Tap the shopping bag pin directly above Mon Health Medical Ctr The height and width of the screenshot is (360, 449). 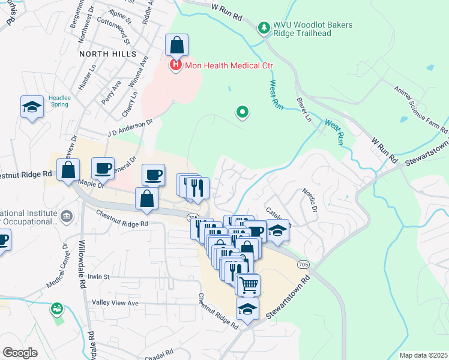click(176, 45)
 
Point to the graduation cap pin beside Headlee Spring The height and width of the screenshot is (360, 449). click(32, 107)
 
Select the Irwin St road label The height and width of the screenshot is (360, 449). click(99, 277)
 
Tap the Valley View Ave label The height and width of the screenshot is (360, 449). click(115, 303)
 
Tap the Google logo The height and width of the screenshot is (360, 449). click(20, 352)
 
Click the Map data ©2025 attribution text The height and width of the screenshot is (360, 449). click(423, 355)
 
